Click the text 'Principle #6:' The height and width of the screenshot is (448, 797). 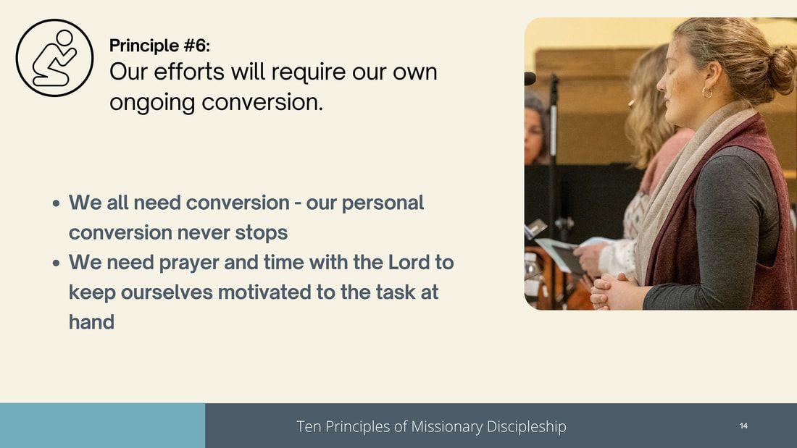coord(159,46)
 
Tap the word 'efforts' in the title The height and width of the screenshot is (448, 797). coord(189,72)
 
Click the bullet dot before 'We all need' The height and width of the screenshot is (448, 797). coord(56,203)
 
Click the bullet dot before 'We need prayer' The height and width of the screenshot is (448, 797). coord(56,263)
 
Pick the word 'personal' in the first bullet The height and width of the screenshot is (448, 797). coord(383,203)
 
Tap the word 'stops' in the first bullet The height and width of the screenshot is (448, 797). coord(262,233)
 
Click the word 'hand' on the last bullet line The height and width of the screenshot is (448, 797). coord(91,322)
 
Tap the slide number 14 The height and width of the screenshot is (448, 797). coord(743,426)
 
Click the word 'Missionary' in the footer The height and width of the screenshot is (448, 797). coord(447,427)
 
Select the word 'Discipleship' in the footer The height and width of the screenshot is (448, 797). coord(527,427)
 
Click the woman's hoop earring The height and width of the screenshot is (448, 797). coord(707,93)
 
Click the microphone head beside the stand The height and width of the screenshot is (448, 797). coord(530,78)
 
